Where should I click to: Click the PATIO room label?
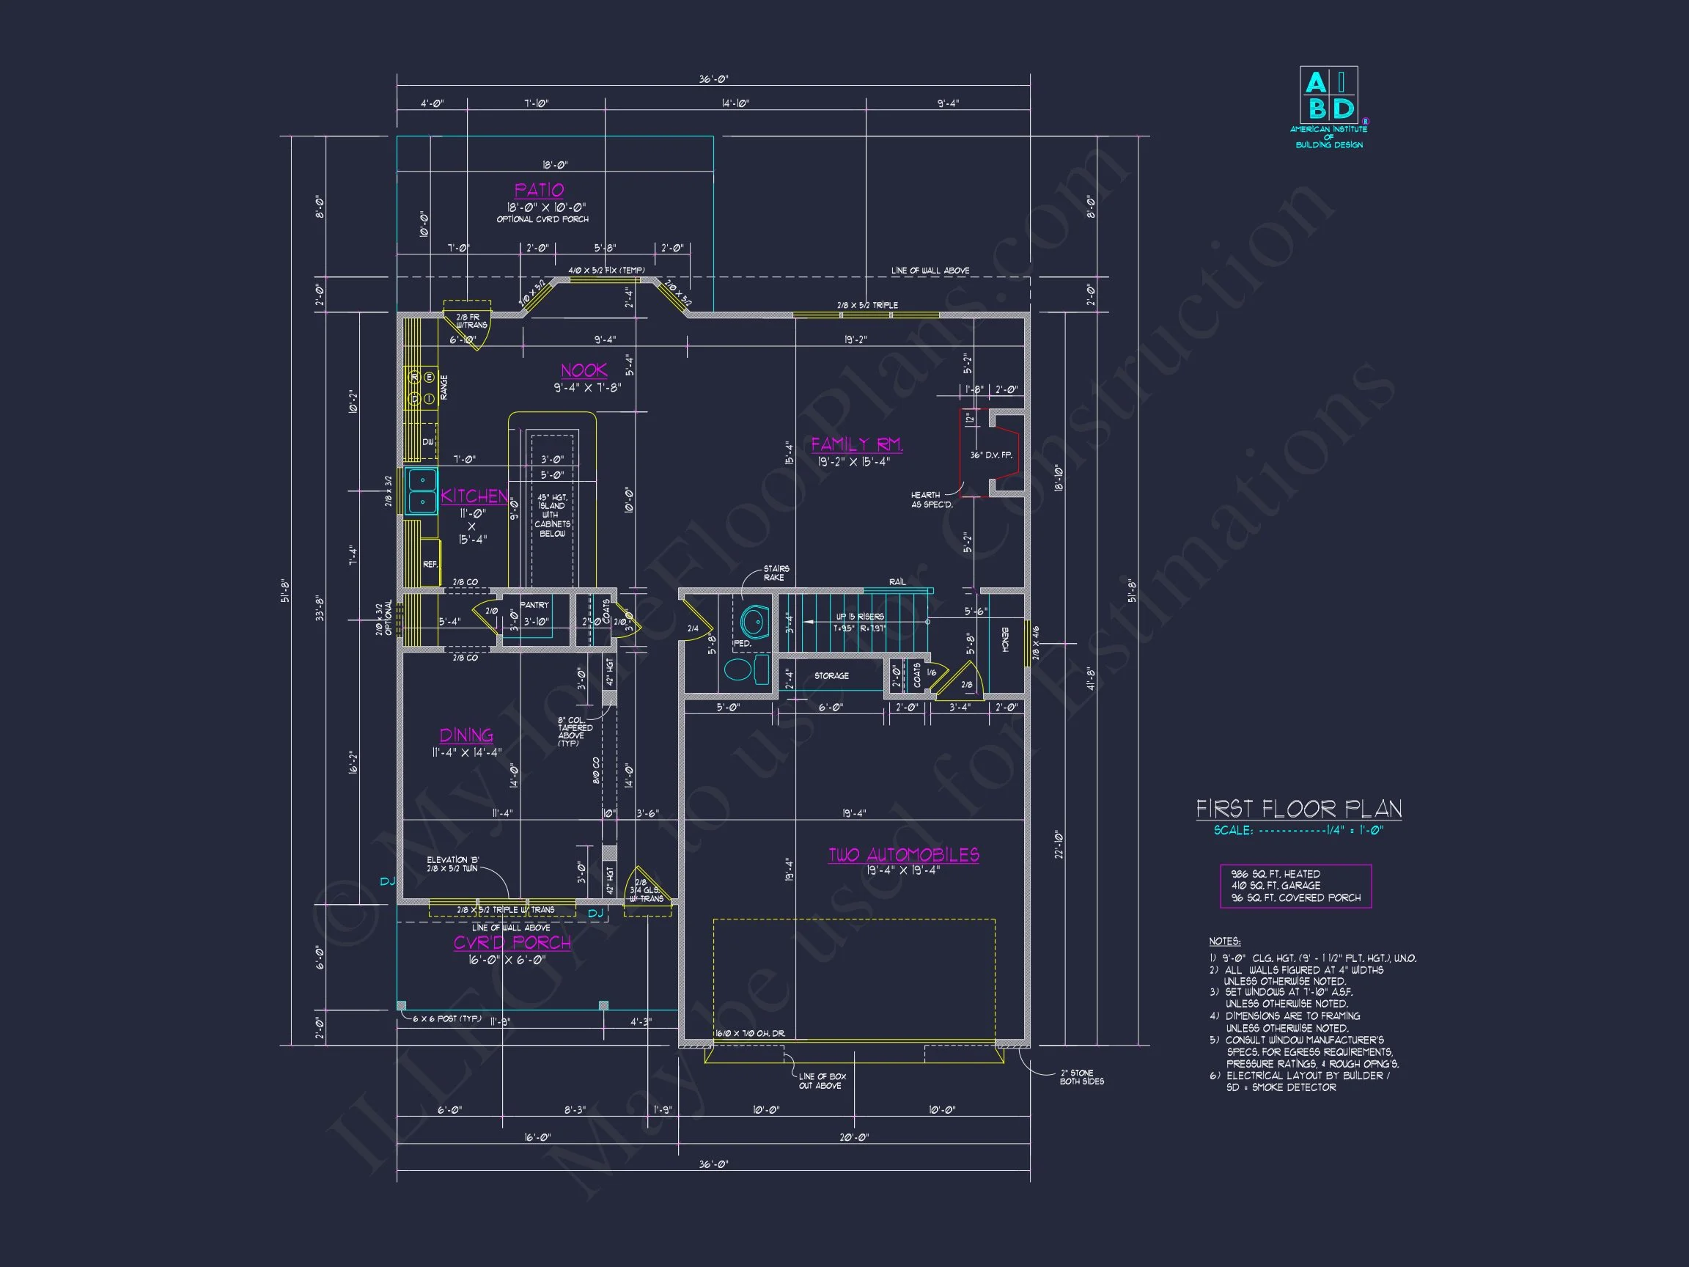click(539, 190)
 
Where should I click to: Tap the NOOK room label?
click(584, 371)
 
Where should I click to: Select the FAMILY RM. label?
click(857, 444)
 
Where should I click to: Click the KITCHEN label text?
click(474, 496)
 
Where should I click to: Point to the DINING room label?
click(466, 735)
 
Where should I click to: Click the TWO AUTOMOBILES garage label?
click(904, 856)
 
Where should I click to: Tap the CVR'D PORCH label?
click(512, 943)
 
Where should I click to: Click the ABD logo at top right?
click(1328, 95)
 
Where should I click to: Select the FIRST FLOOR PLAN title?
click(1299, 809)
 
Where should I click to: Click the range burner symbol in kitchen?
click(422, 387)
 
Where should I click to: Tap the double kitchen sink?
click(422, 491)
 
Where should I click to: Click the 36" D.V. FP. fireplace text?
click(991, 455)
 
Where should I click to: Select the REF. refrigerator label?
click(430, 565)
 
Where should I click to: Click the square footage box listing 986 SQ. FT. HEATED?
click(1296, 886)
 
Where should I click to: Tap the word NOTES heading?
click(1225, 941)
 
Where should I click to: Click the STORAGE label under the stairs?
click(831, 676)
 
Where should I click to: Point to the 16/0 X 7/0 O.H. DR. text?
click(750, 1033)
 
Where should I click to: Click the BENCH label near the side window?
click(1006, 639)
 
